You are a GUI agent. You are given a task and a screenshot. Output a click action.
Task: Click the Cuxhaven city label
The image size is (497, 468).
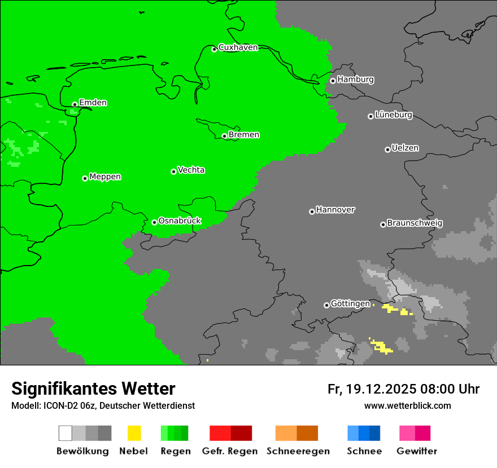pos(238,47)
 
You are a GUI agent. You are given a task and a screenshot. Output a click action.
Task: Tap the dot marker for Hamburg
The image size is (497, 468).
pos(333,81)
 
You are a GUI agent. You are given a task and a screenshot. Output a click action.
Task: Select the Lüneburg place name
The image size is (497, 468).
pos(394,115)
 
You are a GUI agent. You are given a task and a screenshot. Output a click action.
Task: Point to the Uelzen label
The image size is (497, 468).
pos(405,148)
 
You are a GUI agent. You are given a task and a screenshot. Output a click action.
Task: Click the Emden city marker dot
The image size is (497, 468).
pos(75,104)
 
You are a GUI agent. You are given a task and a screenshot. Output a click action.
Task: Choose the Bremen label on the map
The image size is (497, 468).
pos(244,135)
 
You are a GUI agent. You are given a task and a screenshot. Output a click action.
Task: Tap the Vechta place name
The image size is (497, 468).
pos(191,170)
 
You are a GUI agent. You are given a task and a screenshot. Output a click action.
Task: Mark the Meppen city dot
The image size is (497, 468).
pos(85,178)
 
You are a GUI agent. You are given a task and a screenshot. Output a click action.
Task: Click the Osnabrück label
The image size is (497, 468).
pos(180,221)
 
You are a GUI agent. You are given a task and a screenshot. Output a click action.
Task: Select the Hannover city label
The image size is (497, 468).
pos(335,210)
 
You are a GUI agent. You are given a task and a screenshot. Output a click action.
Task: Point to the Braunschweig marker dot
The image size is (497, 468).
pos(383,224)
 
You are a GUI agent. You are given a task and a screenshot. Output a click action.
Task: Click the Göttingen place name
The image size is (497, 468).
pos(350,304)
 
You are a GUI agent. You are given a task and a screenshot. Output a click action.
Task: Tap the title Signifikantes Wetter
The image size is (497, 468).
pos(93,389)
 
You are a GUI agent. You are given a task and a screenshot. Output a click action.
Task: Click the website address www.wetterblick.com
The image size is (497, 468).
pos(407,405)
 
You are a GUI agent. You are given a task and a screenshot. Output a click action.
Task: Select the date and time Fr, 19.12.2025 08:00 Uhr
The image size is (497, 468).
pos(403,389)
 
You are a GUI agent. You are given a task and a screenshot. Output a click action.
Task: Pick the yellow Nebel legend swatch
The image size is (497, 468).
pos(134,433)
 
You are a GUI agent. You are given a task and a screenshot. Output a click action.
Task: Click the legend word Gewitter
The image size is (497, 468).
pos(417,451)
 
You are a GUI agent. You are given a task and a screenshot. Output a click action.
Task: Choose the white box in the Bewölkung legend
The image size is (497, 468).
pos(66,433)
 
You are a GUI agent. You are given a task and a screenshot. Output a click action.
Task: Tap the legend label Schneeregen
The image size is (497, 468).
pos(298,451)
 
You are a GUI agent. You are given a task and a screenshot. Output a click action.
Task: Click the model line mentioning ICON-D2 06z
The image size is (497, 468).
pos(103,405)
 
